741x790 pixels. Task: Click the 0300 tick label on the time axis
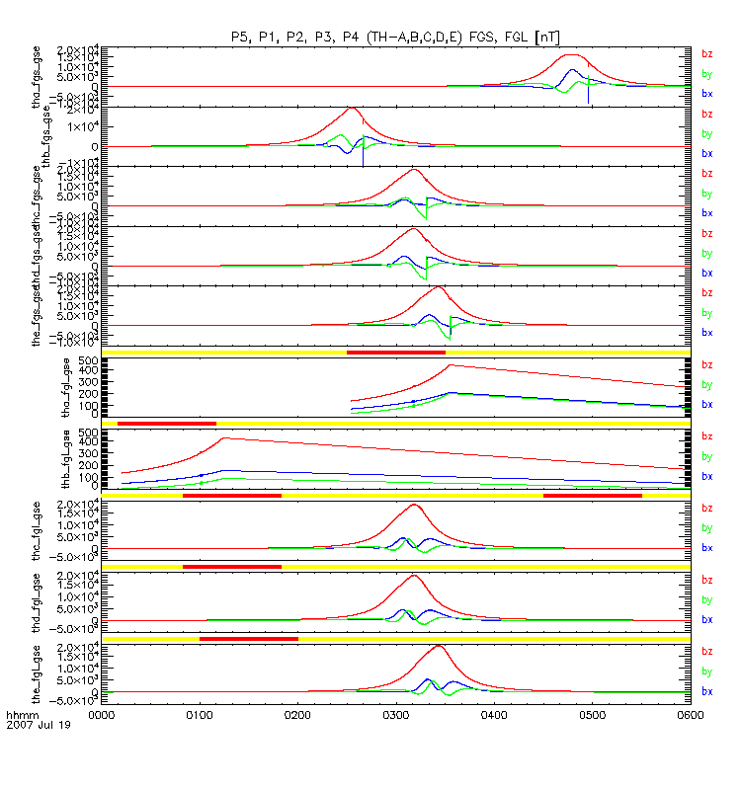click(395, 714)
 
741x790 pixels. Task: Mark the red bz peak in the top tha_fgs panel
click(571, 56)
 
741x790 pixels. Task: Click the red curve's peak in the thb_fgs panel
click(352, 108)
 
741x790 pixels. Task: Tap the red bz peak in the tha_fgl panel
click(450, 365)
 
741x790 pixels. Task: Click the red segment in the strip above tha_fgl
click(395, 352)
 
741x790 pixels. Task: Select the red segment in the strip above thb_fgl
click(166, 423)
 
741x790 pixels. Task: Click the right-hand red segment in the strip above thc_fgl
click(592, 495)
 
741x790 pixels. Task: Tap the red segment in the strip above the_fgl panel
click(248, 639)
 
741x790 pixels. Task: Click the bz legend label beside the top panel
click(706, 54)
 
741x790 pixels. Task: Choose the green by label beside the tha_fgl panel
click(706, 385)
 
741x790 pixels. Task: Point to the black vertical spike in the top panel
click(588, 94)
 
